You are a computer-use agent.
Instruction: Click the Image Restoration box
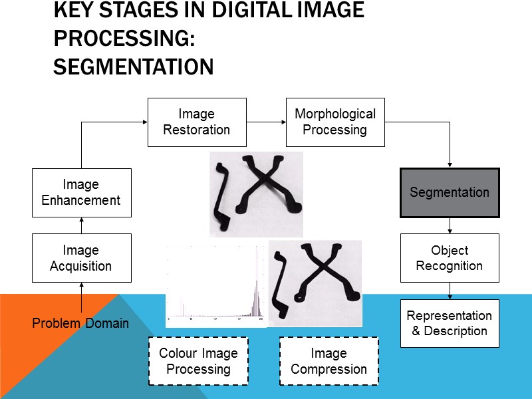[x=197, y=122]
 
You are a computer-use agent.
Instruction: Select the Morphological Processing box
[x=335, y=122]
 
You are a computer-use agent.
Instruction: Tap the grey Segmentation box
[x=450, y=193]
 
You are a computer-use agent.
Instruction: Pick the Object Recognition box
[x=450, y=258]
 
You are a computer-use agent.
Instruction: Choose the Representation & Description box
[x=450, y=323]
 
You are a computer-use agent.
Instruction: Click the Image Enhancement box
[x=81, y=192]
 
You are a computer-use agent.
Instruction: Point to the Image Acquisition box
[x=81, y=258]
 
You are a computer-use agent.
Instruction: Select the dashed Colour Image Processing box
[x=198, y=361]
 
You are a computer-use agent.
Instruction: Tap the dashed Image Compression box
[x=329, y=361]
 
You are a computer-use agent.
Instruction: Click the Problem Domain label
[x=81, y=324]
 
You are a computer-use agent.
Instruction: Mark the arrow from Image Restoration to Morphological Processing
[x=266, y=122]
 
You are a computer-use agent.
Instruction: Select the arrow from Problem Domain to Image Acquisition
[x=81, y=298]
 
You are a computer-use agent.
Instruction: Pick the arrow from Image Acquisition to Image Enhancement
[x=81, y=225]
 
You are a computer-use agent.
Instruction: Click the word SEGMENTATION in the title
[x=133, y=67]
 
